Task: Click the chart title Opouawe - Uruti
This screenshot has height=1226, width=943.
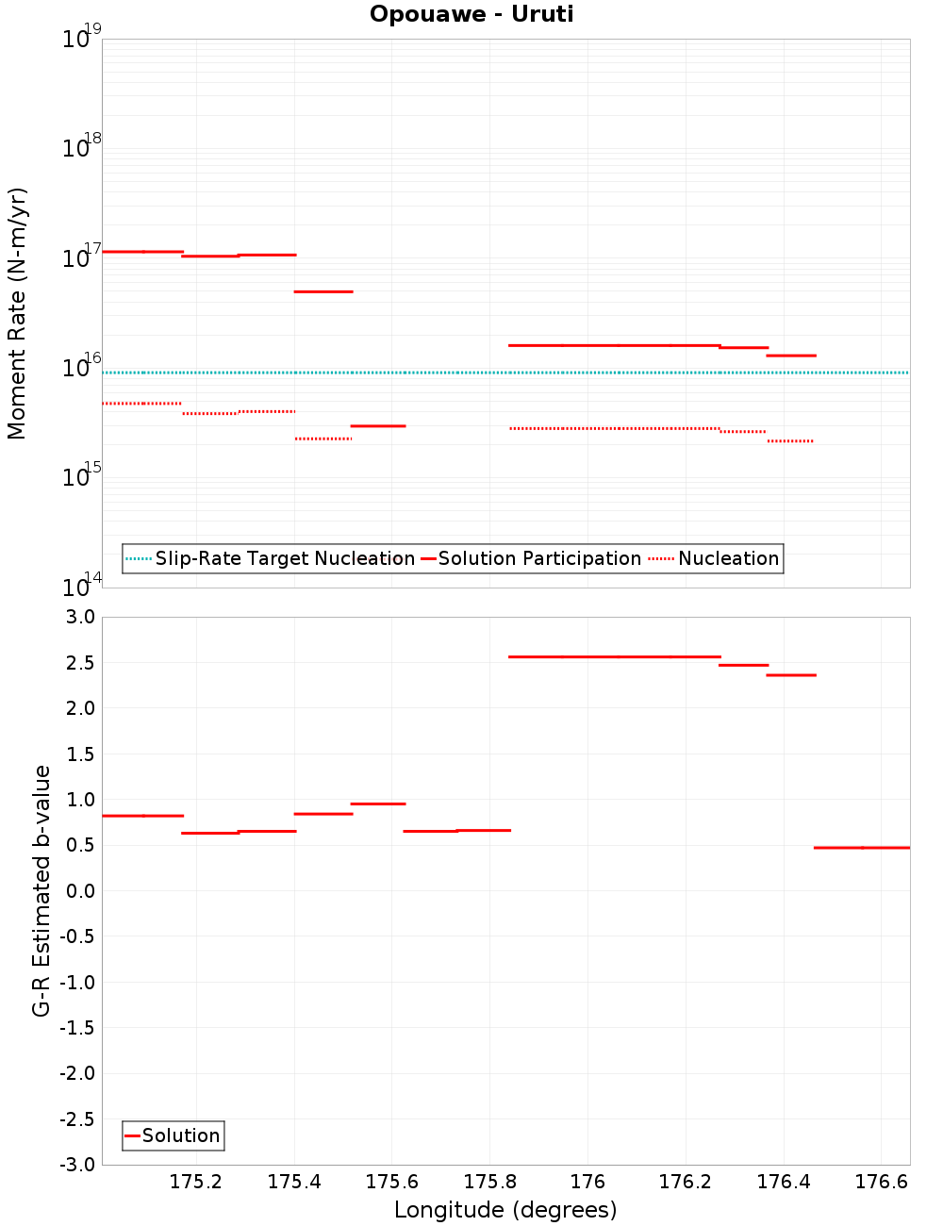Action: coord(471,14)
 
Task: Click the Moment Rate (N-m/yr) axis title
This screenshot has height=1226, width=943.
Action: coord(17,313)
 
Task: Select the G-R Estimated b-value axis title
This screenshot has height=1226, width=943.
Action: coord(41,890)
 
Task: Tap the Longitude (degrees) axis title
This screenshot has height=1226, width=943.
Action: coord(505,1210)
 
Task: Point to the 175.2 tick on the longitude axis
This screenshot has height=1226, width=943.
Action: coord(196,1182)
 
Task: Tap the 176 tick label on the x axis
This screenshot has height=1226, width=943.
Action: coord(587,1182)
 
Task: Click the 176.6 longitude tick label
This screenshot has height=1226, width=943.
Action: coord(881,1182)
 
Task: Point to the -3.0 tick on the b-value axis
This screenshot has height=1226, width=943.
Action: coord(77,1165)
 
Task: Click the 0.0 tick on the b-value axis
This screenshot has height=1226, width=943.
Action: coord(80,890)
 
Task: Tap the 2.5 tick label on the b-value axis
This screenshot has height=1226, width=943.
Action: coord(80,663)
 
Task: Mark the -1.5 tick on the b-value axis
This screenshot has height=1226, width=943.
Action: coord(77,1028)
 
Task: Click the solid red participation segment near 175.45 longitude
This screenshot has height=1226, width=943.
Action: coord(323,291)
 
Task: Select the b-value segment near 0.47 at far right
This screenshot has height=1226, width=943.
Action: coord(862,848)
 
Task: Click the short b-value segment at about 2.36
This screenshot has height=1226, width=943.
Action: coord(790,675)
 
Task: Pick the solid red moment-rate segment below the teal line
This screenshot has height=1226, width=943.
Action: coord(378,426)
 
